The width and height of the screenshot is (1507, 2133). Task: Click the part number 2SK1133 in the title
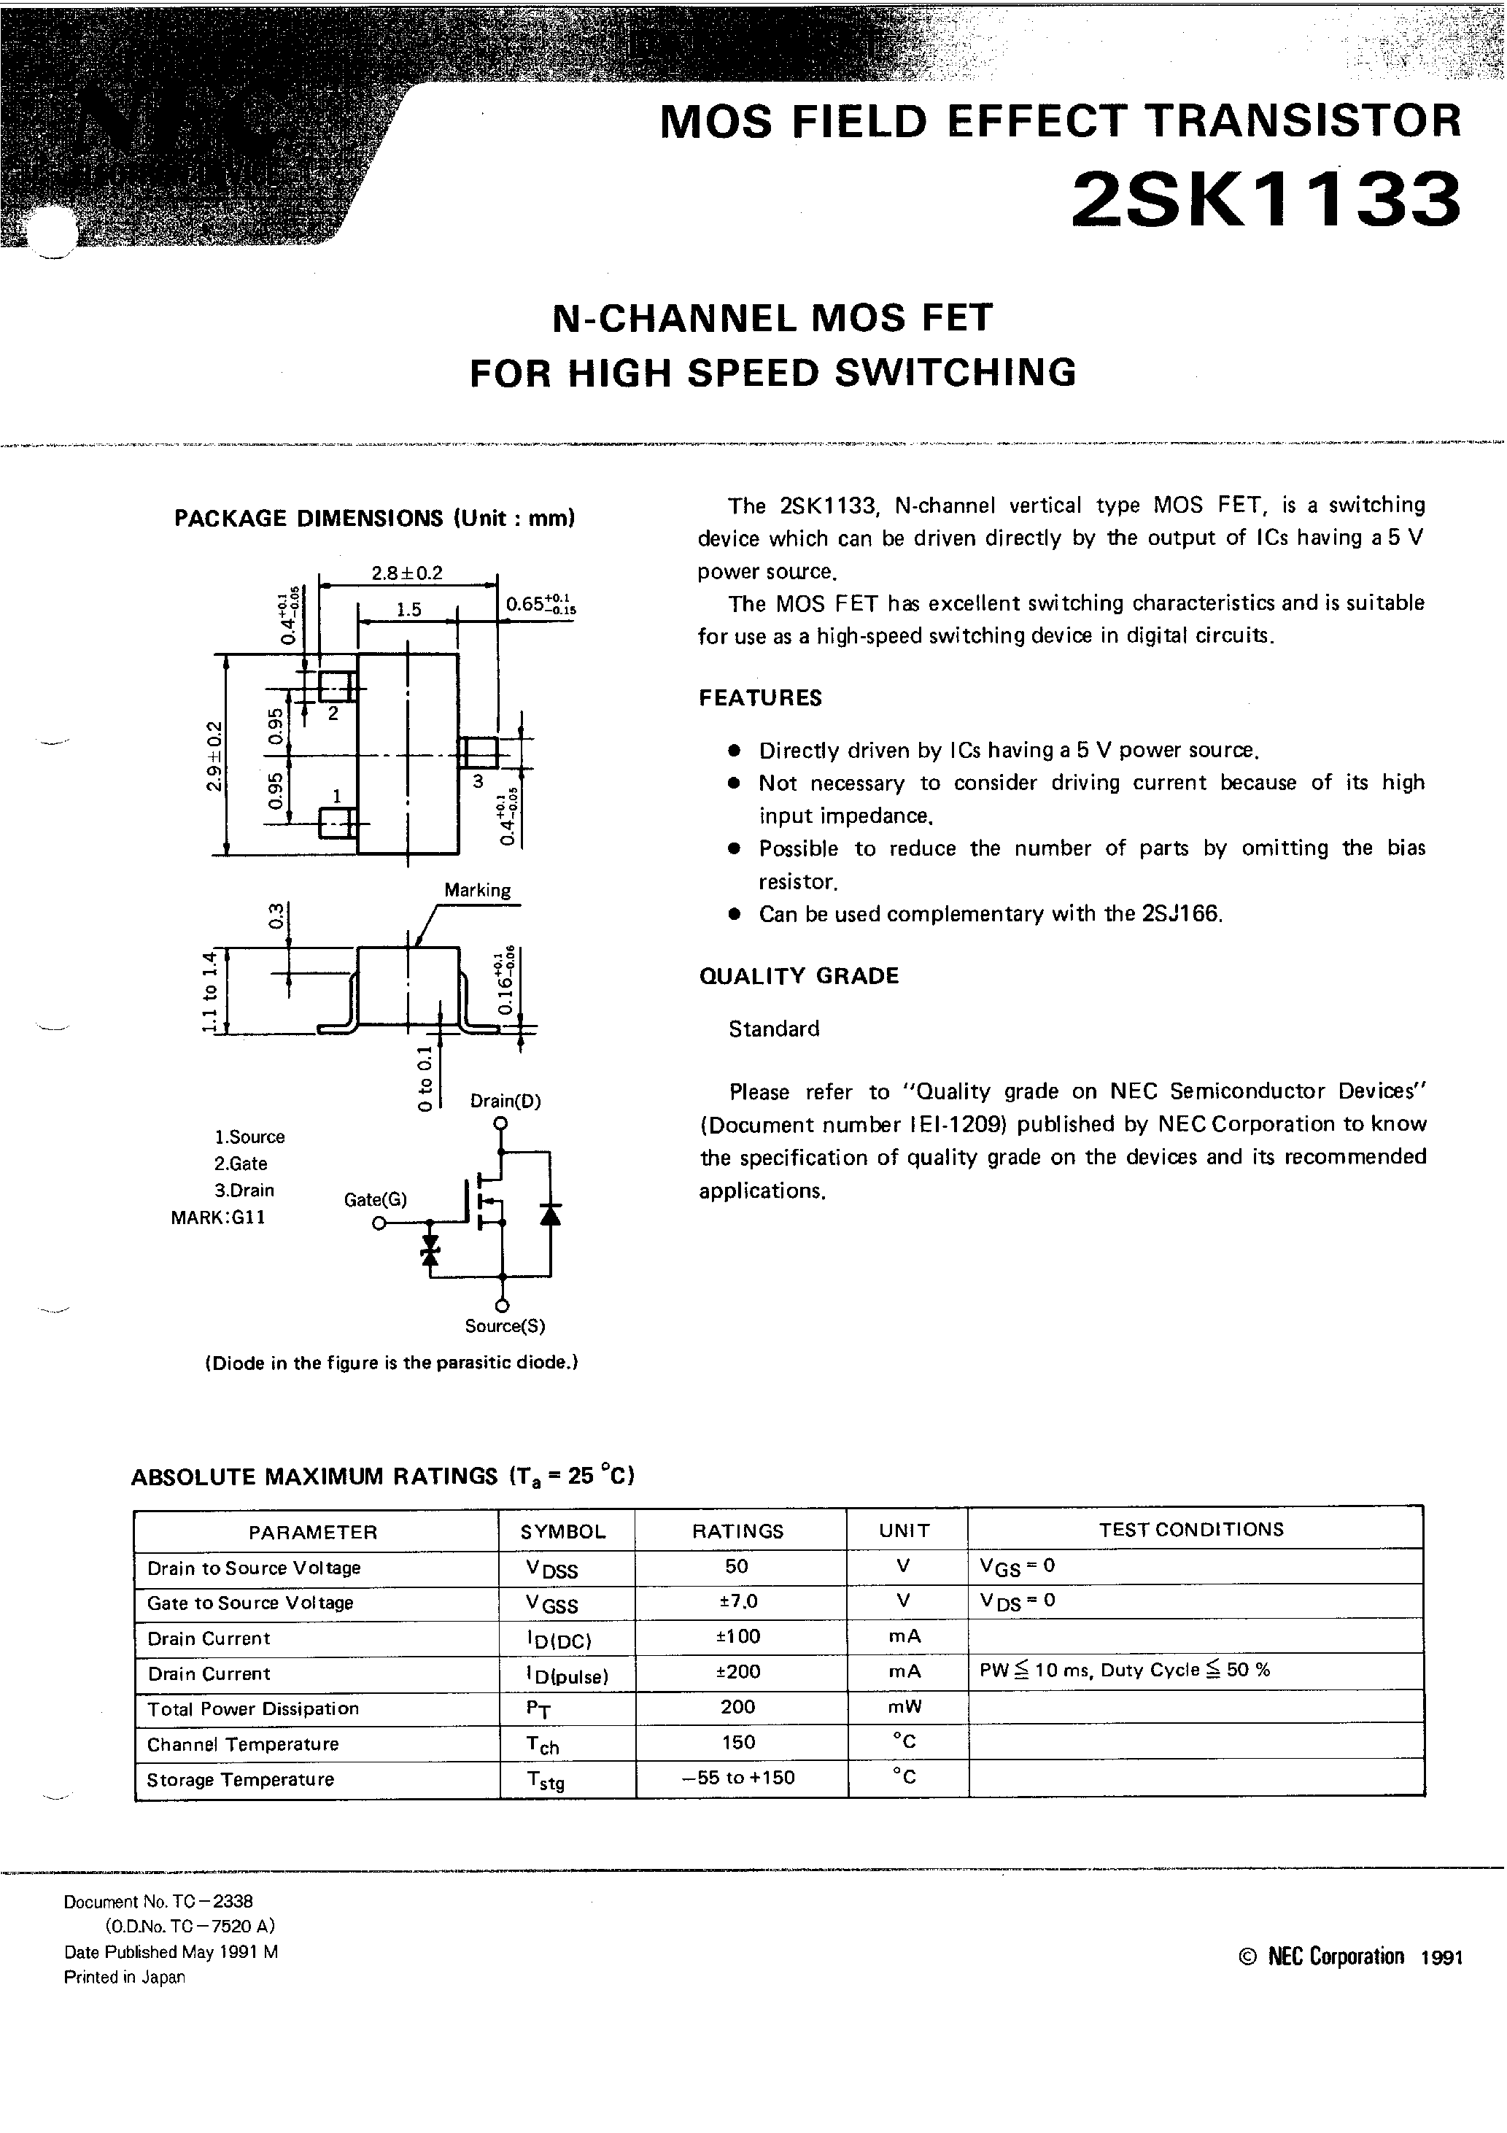pyautogui.click(x=1266, y=201)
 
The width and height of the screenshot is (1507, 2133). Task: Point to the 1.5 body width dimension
pyautogui.click(x=408, y=609)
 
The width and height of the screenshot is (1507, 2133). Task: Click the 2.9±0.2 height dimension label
pyautogui.click(x=214, y=755)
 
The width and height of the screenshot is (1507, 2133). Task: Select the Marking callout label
pyautogui.click(x=476, y=890)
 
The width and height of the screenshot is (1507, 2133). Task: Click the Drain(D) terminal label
pyautogui.click(x=505, y=1101)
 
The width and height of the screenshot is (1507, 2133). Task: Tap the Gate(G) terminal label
pyautogui.click(x=376, y=1199)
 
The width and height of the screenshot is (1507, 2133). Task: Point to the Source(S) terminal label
pyautogui.click(x=505, y=1325)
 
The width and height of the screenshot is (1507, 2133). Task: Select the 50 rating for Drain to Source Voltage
pyautogui.click(x=736, y=1566)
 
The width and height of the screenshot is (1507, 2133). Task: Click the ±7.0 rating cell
pyautogui.click(x=737, y=1600)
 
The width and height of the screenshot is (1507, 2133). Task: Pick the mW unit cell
pyautogui.click(x=904, y=1706)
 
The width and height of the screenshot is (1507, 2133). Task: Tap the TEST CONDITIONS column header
pyautogui.click(x=1191, y=1530)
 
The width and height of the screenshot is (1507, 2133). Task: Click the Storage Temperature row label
pyautogui.click(x=240, y=1780)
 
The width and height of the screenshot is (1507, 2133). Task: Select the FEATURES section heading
pyautogui.click(x=760, y=697)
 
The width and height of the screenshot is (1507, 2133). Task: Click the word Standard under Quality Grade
pyautogui.click(x=774, y=1029)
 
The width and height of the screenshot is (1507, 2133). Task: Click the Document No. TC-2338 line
pyautogui.click(x=158, y=1902)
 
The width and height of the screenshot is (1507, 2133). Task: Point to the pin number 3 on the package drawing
pyautogui.click(x=478, y=781)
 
